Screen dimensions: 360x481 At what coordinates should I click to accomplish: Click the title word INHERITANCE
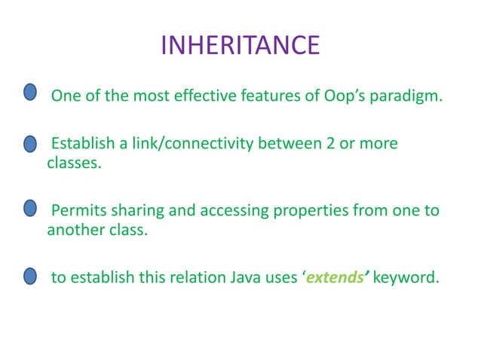pos(240,45)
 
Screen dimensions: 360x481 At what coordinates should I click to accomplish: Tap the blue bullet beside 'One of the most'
pos(29,93)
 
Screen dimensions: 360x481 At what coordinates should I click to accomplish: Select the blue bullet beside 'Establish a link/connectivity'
pos(29,144)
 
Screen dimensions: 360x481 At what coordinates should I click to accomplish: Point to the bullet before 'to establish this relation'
pos(29,276)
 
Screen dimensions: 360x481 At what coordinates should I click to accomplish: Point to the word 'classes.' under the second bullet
pos(73,163)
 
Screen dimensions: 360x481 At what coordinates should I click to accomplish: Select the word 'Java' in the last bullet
pos(245,277)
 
